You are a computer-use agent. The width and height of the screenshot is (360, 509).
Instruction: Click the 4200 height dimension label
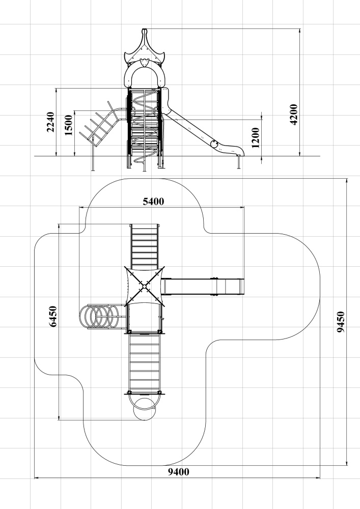(293, 115)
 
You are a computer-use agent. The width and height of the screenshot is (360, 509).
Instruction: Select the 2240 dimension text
(50, 122)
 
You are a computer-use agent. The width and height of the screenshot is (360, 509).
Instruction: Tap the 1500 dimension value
(69, 125)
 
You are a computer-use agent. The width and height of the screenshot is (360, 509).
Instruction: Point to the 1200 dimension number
(256, 137)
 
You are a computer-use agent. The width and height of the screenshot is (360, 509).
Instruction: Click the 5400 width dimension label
(154, 202)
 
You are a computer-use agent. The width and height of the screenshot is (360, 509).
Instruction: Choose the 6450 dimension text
(53, 316)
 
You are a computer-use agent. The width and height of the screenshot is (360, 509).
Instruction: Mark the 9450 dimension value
(341, 322)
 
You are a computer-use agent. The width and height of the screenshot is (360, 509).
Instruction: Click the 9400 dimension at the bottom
(179, 472)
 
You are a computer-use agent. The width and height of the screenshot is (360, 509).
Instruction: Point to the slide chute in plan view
(203, 286)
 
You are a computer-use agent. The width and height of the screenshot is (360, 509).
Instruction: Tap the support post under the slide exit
(239, 162)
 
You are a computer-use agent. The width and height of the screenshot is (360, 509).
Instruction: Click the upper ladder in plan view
(145, 246)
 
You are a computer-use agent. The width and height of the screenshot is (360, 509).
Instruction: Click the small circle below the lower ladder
(145, 409)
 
